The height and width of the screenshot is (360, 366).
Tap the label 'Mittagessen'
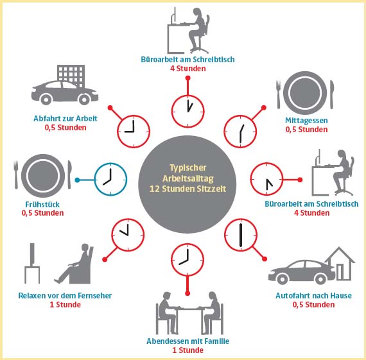(306, 121)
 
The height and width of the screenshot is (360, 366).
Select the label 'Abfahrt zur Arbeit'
(65, 119)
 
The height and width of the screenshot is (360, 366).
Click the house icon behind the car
(340, 264)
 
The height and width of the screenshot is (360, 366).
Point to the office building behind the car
(71, 74)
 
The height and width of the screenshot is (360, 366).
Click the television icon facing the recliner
(32, 263)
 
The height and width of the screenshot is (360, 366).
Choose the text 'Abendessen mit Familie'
(187, 341)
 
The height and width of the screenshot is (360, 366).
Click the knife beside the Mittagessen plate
(332, 94)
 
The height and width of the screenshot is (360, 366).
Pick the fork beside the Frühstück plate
(16, 175)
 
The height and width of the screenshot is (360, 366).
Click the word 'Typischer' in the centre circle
(188, 168)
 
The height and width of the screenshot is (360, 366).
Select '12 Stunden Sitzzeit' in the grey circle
(187, 189)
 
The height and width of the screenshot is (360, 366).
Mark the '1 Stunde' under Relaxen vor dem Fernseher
(65, 304)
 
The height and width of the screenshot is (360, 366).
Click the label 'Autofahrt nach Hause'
(313, 296)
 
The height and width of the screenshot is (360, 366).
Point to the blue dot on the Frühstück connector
(77, 180)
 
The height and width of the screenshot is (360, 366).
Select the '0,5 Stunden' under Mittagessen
(306, 130)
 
